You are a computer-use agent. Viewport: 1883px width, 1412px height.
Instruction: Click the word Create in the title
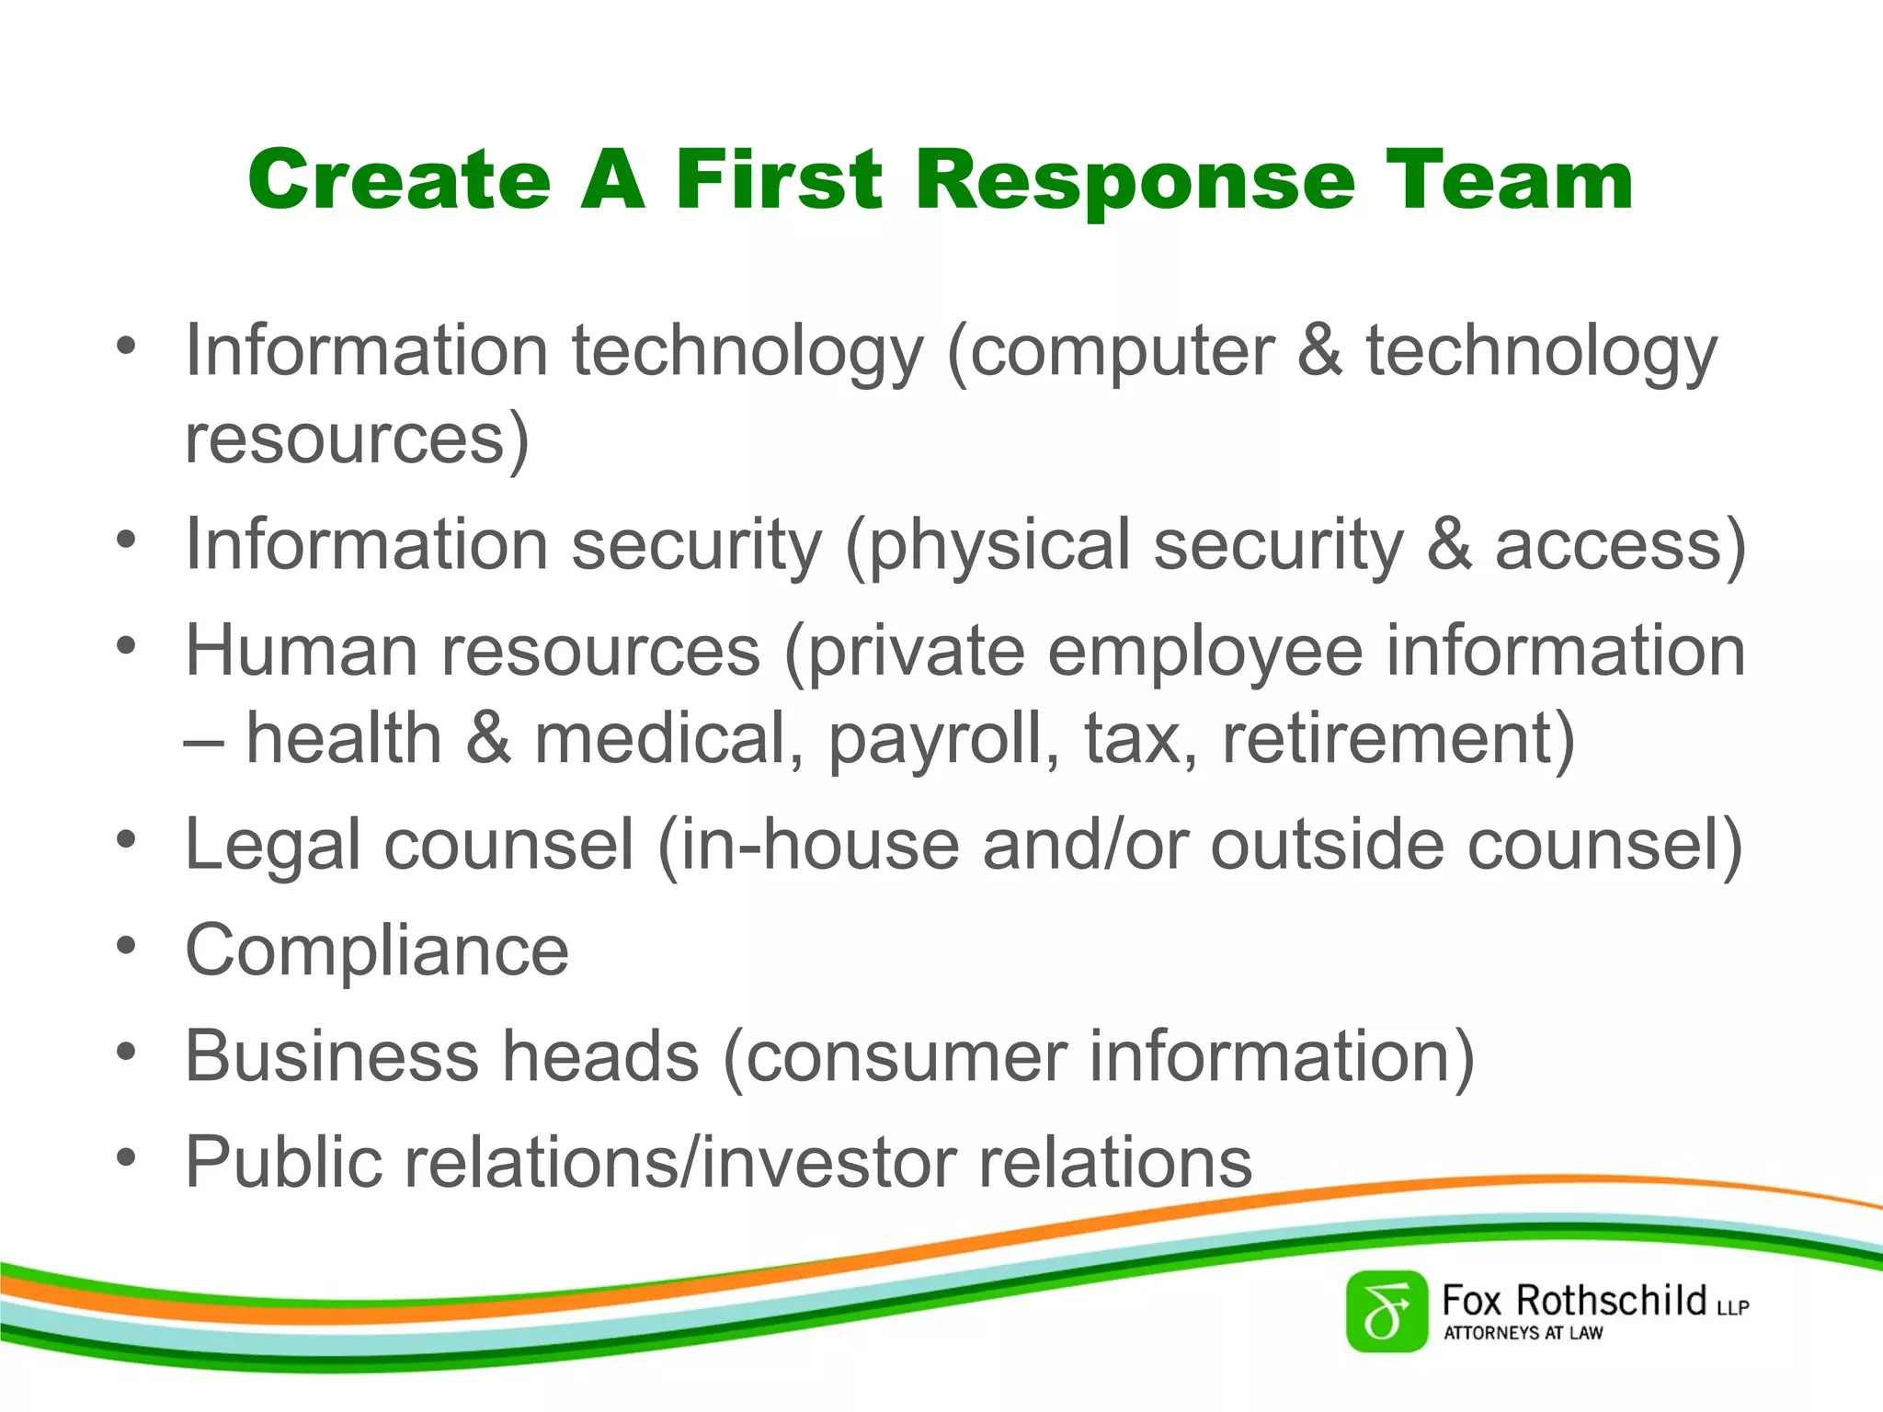[x=399, y=180]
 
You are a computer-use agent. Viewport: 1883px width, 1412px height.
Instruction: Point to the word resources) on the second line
[x=357, y=439]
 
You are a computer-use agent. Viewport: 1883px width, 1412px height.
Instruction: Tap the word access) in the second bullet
[x=1620, y=545]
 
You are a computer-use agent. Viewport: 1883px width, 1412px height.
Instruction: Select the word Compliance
[x=377, y=951]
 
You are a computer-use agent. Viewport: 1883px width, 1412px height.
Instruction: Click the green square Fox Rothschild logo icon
[x=1386, y=1312]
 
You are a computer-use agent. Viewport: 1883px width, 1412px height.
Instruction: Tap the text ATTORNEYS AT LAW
[x=1523, y=1333]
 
